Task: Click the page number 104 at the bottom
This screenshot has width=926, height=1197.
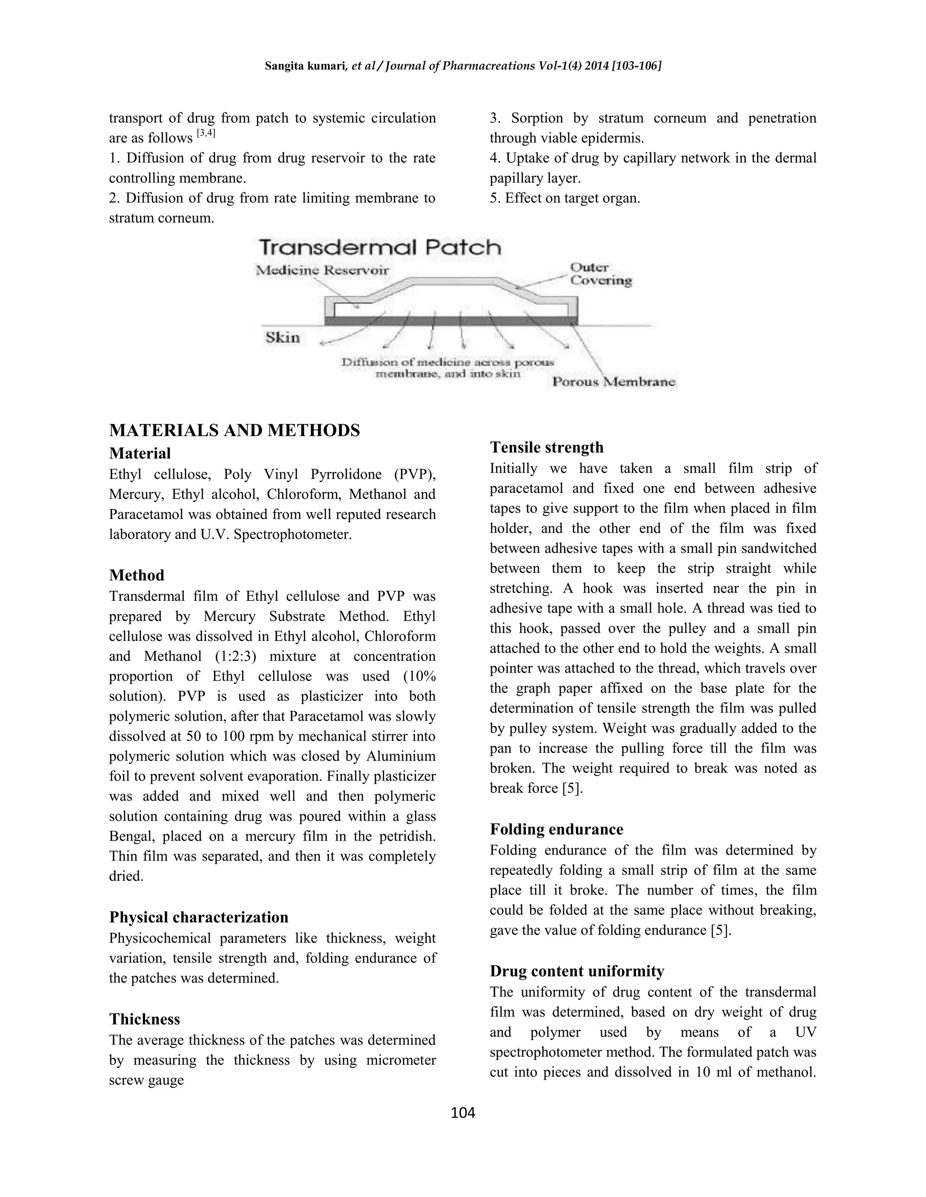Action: [x=463, y=1113]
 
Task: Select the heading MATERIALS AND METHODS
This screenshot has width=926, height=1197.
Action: [x=234, y=430]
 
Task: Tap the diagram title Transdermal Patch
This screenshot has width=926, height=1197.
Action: [x=380, y=247]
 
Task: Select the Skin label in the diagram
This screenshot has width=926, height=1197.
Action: [x=283, y=337]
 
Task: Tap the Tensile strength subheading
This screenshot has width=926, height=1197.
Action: [x=546, y=447]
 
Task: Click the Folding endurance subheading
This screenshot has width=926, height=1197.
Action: [x=556, y=829]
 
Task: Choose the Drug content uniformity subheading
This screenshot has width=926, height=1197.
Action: [x=576, y=971]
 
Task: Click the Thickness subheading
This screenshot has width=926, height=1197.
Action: [x=144, y=1019]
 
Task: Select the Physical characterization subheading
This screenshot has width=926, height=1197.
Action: [x=198, y=917]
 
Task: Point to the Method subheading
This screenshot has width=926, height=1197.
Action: [x=137, y=575]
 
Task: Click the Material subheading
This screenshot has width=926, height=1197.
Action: [x=140, y=453]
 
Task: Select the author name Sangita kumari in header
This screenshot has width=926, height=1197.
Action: [x=304, y=66]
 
